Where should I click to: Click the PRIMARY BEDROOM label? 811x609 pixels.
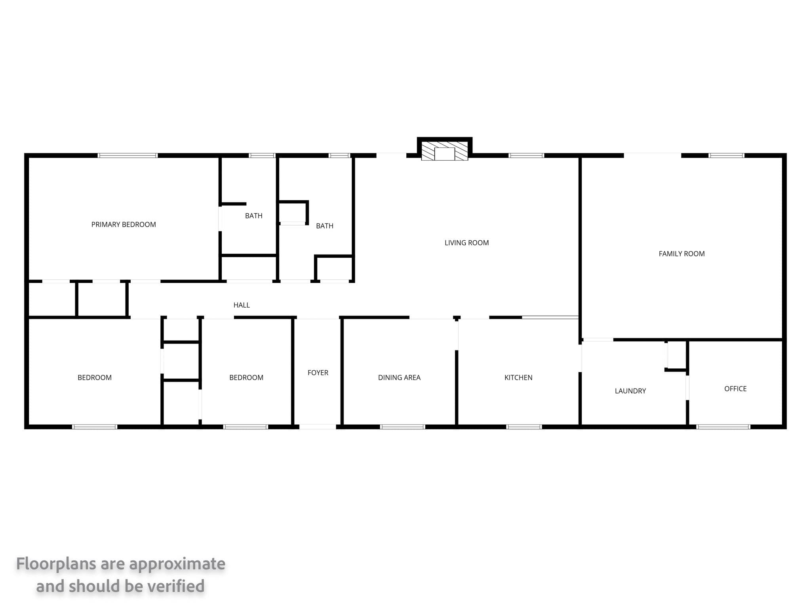(124, 224)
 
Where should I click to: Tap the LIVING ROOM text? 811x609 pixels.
(466, 243)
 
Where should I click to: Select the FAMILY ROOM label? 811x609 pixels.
(682, 254)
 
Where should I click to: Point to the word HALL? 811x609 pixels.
(242, 305)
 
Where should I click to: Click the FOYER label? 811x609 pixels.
(318, 373)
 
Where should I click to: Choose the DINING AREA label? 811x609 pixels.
(399, 377)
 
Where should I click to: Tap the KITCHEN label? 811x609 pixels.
(518, 377)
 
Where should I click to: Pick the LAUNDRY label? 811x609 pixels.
(630, 391)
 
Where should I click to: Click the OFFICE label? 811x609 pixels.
(735, 389)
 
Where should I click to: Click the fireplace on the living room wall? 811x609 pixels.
(445, 151)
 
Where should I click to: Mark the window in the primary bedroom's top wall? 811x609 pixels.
(128, 155)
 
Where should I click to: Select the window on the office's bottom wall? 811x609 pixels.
(723, 427)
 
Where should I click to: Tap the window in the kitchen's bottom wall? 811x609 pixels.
(524, 427)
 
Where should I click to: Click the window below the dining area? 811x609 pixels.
(402, 427)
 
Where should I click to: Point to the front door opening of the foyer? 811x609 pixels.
(318, 427)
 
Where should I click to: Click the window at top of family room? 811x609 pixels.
(726, 155)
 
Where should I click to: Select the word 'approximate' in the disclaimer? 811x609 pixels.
(177, 564)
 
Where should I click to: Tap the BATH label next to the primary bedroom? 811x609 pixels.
(254, 216)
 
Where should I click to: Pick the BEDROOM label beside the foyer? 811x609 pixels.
(246, 377)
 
